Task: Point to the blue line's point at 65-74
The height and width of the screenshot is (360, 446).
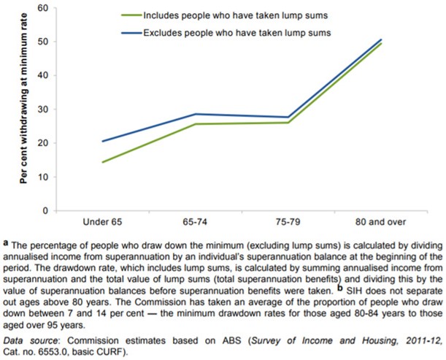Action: (x=195, y=114)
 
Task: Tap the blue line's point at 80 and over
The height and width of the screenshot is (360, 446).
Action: (x=381, y=39)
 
